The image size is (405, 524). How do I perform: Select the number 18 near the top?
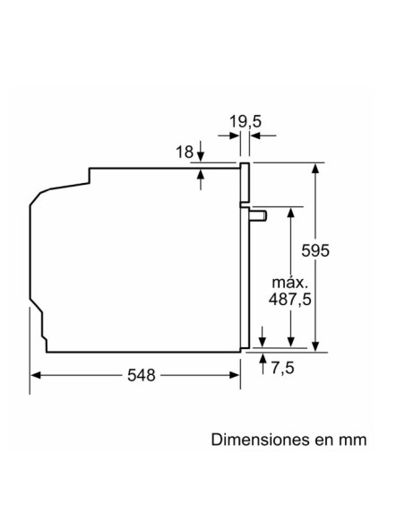[x=184, y=152]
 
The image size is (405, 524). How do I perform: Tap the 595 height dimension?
[x=315, y=251]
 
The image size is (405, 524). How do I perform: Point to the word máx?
[x=291, y=282]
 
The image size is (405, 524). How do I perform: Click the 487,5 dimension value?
[x=291, y=300]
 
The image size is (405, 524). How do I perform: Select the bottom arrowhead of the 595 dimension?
[x=315, y=345]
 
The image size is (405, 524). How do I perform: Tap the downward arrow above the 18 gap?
[x=201, y=157]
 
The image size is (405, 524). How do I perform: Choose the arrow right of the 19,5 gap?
[x=254, y=135]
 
